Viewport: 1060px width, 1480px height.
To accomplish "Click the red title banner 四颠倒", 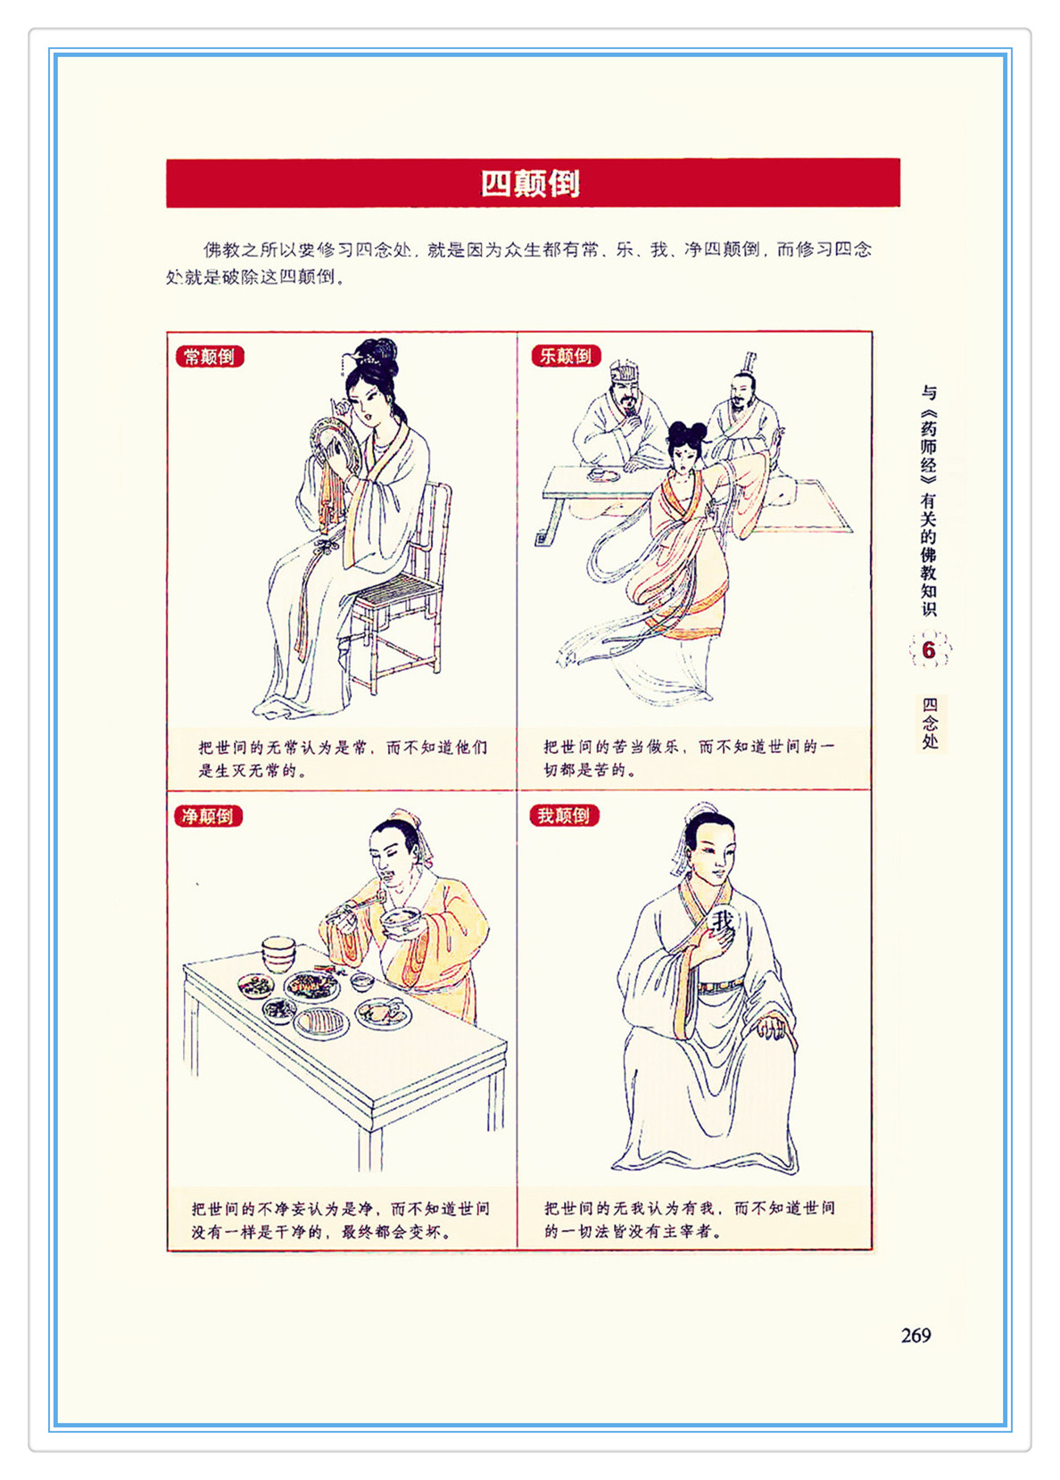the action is pyautogui.click(x=533, y=183).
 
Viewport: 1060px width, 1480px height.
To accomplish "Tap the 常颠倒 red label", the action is pyautogui.click(x=210, y=357).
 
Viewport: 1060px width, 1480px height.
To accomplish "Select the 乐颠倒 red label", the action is pyautogui.click(x=566, y=355).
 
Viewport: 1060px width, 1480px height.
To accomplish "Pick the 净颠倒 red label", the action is pyautogui.click(x=208, y=816).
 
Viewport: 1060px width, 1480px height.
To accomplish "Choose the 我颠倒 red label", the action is pyautogui.click(x=564, y=815).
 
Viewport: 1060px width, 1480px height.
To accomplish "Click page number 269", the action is pyautogui.click(x=916, y=1335).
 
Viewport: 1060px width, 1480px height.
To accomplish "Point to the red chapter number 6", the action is pyautogui.click(x=929, y=650).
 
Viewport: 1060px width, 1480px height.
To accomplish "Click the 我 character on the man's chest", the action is pyautogui.click(x=723, y=921).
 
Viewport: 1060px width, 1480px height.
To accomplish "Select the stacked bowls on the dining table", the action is pyautogui.click(x=278, y=954).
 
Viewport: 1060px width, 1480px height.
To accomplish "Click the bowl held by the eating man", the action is pyautogui.click(x=401, y=921).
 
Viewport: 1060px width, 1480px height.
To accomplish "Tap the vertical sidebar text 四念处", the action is pyautogui.click(x=931, y=723).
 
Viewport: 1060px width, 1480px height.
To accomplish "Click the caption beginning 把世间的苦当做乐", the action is pyautogui.click(x=689, y=757).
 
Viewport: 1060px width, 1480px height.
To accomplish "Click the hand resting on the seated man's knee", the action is pyautogui.click(x=772, y=1028).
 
